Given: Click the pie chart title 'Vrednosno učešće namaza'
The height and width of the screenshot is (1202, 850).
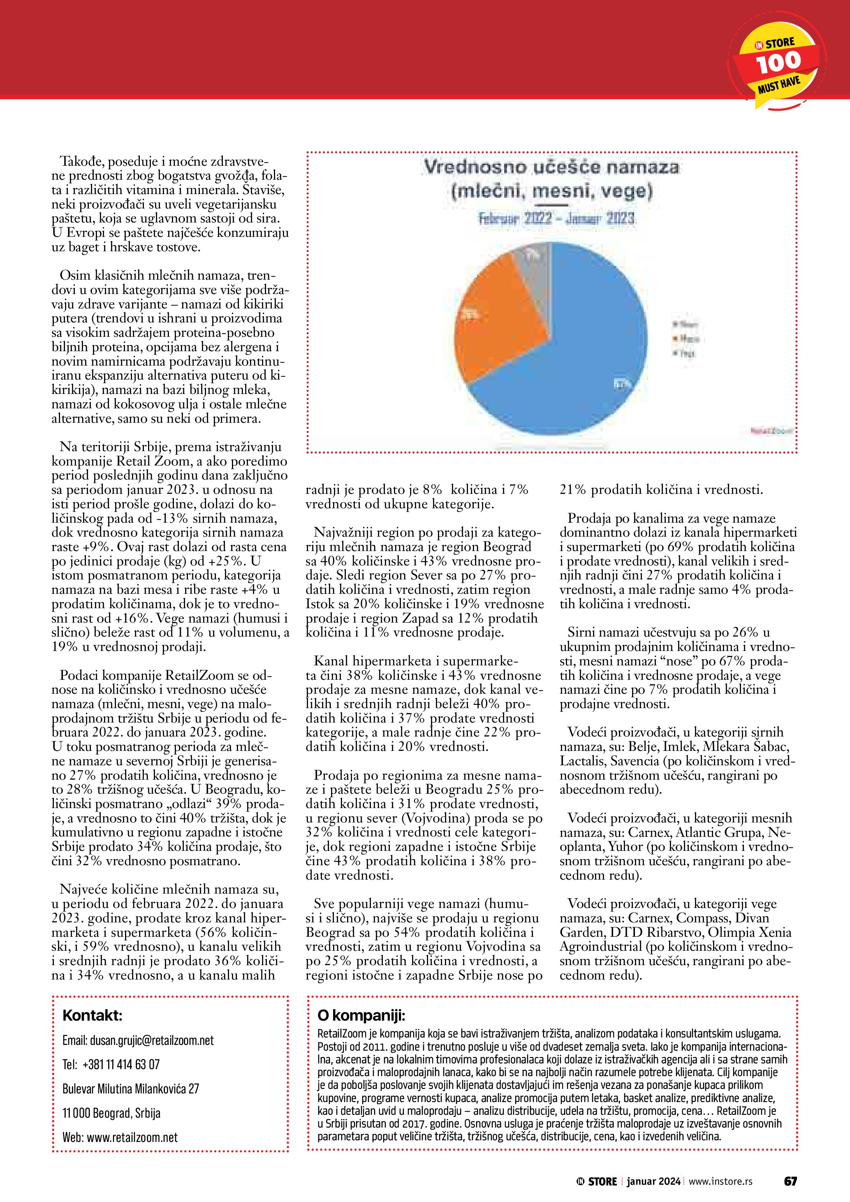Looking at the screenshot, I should point(551,167).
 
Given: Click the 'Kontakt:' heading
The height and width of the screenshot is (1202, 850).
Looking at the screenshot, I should point(92,1016).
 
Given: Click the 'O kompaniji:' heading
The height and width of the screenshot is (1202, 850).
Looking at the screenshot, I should point(361,1016).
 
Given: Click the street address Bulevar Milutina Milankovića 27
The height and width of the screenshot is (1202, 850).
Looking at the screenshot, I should point(131,1089).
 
